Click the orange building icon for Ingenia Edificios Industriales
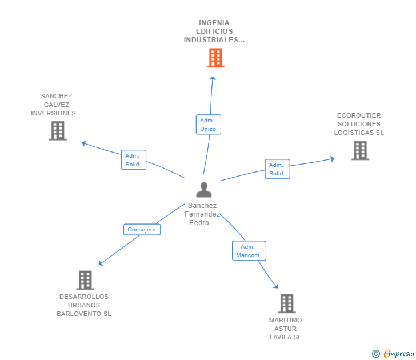(x=215, y=58)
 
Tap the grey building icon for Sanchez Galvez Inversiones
(x=58, y=131)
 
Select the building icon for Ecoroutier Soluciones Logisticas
(x=360, y=150)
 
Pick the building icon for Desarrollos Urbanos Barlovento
(x=85, y=280)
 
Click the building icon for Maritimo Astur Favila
(x=287, y=303)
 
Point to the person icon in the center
(x=203, y=190)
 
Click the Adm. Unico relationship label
(x=208, y=125)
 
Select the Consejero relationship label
(x=142, y=230)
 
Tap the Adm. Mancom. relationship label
(x=249, y=251)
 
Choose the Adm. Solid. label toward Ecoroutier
(x=277, y=169)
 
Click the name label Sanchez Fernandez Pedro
(x=202, y=214)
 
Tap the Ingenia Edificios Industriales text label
(x=214, y=31)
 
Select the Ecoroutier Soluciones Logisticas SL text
(x=359, y=124)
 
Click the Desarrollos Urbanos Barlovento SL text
(x=84, y=305)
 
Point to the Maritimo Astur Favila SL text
(x=286, y=329)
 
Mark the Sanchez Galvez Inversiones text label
(x=57, y=105)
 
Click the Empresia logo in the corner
(x=399, y=354)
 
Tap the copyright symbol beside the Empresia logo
(x=376, y=354)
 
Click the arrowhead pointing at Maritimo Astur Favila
(x=276, y=286)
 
